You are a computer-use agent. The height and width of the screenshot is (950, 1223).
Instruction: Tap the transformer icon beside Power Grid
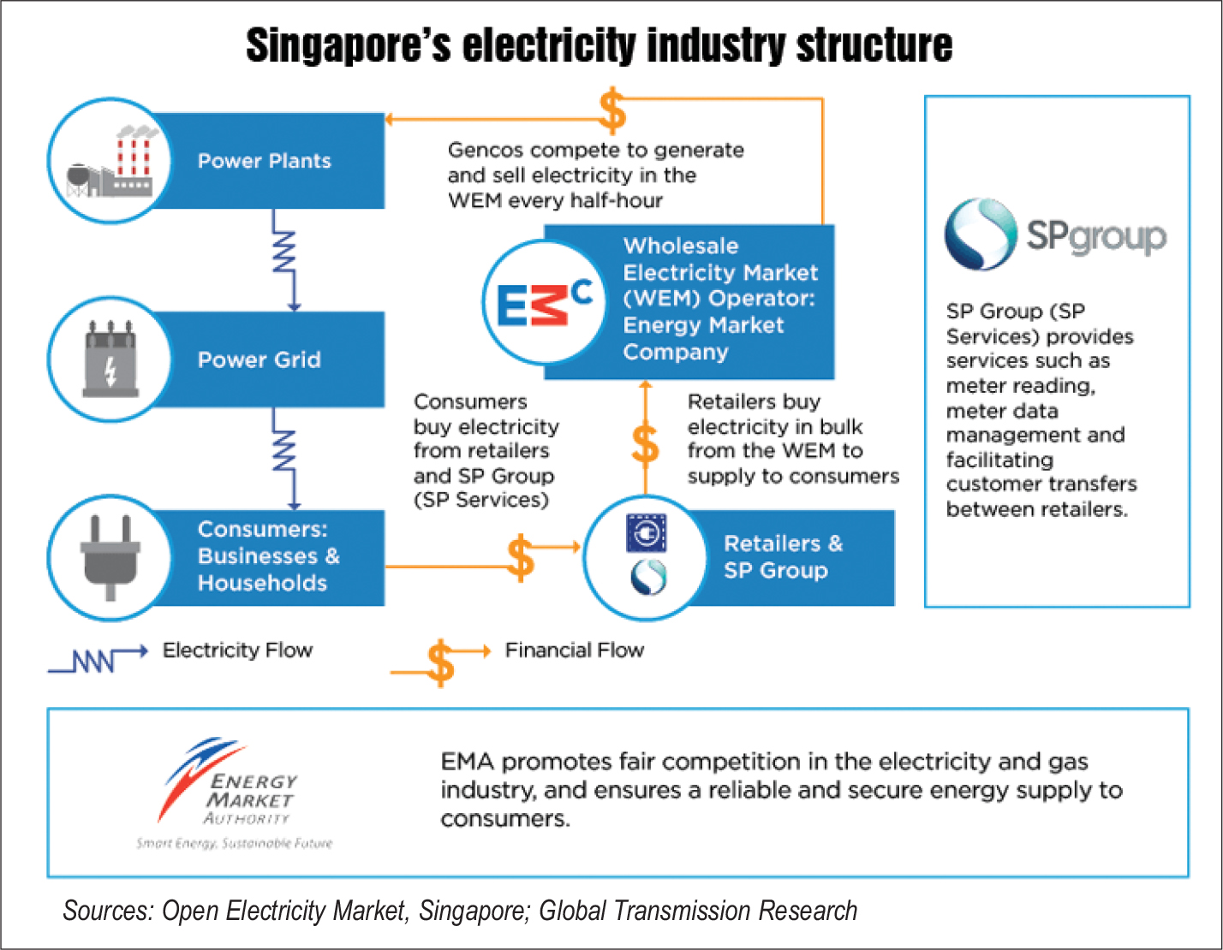pos(110,360)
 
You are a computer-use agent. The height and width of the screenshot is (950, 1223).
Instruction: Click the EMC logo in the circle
pos(545,302)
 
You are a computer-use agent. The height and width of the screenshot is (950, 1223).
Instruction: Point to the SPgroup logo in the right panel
pos(1055,235)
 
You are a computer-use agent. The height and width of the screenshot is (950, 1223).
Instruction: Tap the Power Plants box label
pos(264,161)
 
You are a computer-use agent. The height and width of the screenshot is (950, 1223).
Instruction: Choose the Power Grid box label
pos(259,359)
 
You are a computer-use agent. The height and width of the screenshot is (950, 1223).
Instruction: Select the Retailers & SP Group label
pos(783,557)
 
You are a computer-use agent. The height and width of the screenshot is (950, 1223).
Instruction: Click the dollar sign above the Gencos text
pos(611,111)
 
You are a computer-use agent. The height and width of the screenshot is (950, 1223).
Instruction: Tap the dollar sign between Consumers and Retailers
pos(520,558)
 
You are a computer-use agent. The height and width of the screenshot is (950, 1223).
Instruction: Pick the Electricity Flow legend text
pos(237,650)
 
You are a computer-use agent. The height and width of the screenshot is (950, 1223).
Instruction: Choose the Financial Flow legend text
pos(574,650)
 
